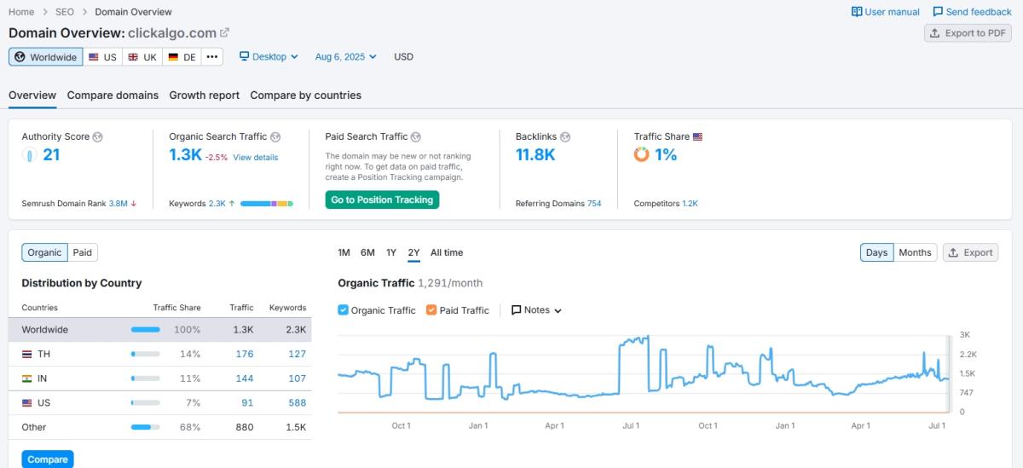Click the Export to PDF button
(x=968, y=33)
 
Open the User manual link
(x=886, y=12)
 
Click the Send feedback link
(x=972, y=12)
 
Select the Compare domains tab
(x=113, y=95)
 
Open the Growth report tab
(x=204, y=95)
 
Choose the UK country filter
(x=142, y=57)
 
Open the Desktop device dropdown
(x=269, y=57)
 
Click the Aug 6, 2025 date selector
(x=345, y=57)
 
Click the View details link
(x=255, y=158)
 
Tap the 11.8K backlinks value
(x=535, y=155)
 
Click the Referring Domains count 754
(x=593, y=204)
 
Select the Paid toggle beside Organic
(x=82, y=252)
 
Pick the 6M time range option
(x=367, y=252)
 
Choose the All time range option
(x=447, y=252)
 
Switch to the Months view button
(x=915, y=252)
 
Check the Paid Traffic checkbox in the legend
(x=431, y=310)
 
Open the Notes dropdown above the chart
(x=536, y=310)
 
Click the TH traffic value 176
(x=245, y=354)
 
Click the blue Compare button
(x=48, y=459)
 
